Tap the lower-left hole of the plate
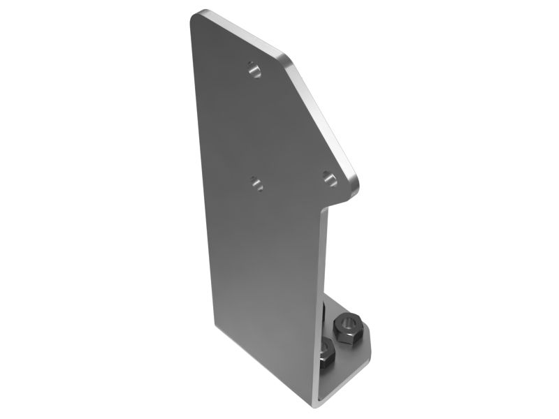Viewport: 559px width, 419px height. click(x=256, y=184)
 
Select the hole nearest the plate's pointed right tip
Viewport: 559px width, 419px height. click(x=330, y=179)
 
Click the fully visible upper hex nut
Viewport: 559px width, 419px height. click(x=347, y=326)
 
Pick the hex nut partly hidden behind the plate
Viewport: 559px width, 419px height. click(x=326, y=356)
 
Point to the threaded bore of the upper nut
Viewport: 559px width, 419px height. click(x=347, y=323)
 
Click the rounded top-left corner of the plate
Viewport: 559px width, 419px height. click(x=198, y=15)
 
